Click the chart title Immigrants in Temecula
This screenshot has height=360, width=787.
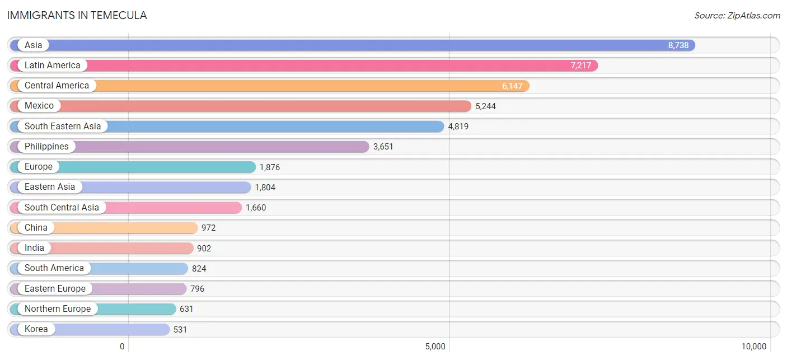77,16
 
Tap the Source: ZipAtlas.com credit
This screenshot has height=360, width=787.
737,16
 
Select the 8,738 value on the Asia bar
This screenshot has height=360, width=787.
678,45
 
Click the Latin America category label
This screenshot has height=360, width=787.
53,66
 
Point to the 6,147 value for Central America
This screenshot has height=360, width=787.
512,86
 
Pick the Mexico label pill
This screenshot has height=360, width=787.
39,106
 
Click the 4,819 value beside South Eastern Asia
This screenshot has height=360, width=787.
458,127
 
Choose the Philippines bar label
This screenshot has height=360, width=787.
46,147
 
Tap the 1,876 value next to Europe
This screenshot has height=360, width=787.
269,167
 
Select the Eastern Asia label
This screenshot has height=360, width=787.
50,186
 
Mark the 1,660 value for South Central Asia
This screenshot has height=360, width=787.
256,208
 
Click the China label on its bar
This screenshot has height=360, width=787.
36,228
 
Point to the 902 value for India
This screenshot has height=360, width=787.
204,249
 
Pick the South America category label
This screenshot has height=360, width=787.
54,268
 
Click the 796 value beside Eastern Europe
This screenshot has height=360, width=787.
197,289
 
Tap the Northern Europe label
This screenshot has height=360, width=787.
58,308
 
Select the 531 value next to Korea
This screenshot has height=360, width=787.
180,330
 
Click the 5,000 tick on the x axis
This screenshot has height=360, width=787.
435,347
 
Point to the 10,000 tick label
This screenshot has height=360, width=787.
753,347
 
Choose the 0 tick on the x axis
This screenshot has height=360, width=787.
122,347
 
